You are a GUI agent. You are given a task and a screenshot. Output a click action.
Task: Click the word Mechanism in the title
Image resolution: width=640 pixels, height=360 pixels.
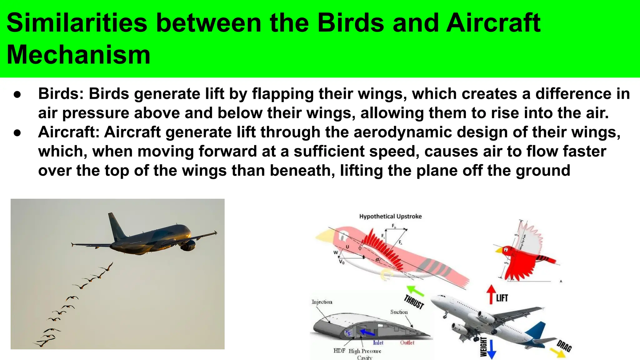pos(78,55)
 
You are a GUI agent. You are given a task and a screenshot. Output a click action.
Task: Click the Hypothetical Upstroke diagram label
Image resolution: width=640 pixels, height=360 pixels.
pos(390,216)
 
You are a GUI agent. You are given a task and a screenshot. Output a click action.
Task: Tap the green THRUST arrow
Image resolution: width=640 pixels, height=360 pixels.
pos(415,291)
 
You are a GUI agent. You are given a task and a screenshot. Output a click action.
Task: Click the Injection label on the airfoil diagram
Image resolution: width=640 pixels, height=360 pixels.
pos(322,302)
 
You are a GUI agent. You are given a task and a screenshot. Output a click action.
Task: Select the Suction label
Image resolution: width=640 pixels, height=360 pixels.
pos(399,312)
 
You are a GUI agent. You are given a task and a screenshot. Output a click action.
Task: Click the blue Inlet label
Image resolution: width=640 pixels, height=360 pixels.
pos(378,342)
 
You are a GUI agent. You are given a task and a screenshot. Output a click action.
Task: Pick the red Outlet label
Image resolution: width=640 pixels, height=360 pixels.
pos(407,342)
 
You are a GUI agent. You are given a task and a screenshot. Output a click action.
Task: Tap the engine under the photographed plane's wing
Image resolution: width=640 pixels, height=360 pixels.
pos(188,246)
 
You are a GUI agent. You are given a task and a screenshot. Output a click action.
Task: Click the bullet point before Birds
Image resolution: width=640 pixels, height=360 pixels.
pos(17,94)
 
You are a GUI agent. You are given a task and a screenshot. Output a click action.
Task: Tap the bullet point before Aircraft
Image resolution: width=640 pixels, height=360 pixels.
pos(17,132)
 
